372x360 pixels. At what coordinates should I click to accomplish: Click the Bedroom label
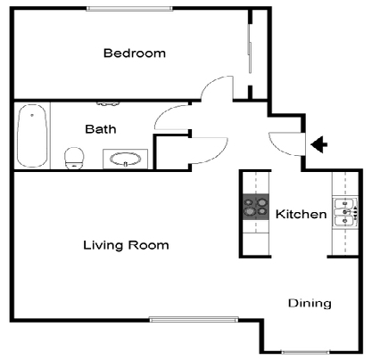click(x=135, y=53)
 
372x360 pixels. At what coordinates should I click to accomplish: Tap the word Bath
click(x=101, y=129)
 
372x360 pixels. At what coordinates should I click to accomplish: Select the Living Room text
click(x=126, y=244)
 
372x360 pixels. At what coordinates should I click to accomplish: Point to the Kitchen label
click(x=300, y=215)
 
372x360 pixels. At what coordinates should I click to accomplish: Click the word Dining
click(x=310, y=303)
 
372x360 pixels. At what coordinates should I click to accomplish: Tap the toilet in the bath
click(x=75, y=158)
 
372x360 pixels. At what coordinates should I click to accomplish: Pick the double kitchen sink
click(x=343, y=214)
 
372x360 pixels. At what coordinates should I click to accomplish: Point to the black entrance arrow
click(x=318, y=144)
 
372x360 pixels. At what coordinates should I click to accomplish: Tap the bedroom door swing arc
click(x=215, y=91)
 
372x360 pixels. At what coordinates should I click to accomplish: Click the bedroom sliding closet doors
click(x=249, y=53)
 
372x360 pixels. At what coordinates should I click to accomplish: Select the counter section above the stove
click(x=256, y=182)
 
